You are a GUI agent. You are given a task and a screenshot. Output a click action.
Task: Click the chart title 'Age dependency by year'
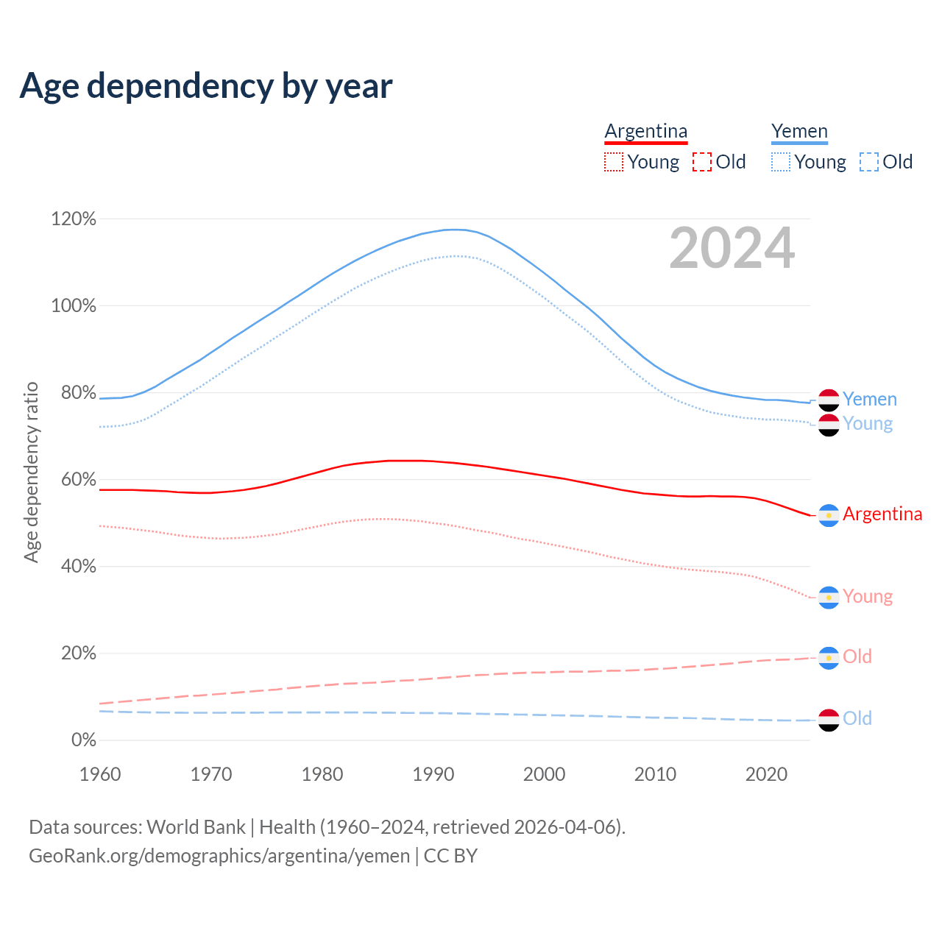206,86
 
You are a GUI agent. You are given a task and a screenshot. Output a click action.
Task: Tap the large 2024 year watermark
732,248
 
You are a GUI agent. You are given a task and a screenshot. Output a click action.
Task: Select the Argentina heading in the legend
645,131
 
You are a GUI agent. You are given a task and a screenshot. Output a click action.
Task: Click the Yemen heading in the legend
799,131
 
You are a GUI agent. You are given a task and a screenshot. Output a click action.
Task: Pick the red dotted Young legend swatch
614,162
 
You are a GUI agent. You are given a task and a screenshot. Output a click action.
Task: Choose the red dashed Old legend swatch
702,162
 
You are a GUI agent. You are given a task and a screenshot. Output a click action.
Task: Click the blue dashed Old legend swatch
869,162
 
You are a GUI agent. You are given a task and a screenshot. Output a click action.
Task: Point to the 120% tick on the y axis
74,219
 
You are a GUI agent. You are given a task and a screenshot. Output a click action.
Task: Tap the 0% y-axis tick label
83,740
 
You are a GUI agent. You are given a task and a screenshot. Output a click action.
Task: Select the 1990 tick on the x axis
433,774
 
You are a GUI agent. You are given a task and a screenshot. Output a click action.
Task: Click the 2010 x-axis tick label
655,774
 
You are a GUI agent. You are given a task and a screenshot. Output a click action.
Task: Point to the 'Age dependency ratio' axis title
31,472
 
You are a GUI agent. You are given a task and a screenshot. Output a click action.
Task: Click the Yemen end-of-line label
870,399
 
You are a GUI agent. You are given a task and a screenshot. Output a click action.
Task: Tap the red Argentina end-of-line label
882,514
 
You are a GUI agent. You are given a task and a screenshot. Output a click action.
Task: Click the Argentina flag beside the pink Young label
829,598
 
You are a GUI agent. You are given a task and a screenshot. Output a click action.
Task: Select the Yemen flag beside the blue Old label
829,720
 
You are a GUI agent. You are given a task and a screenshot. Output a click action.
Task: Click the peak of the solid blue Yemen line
456,230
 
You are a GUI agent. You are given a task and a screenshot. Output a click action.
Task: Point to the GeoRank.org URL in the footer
219,856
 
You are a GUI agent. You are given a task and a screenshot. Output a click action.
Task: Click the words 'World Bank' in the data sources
196,827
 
